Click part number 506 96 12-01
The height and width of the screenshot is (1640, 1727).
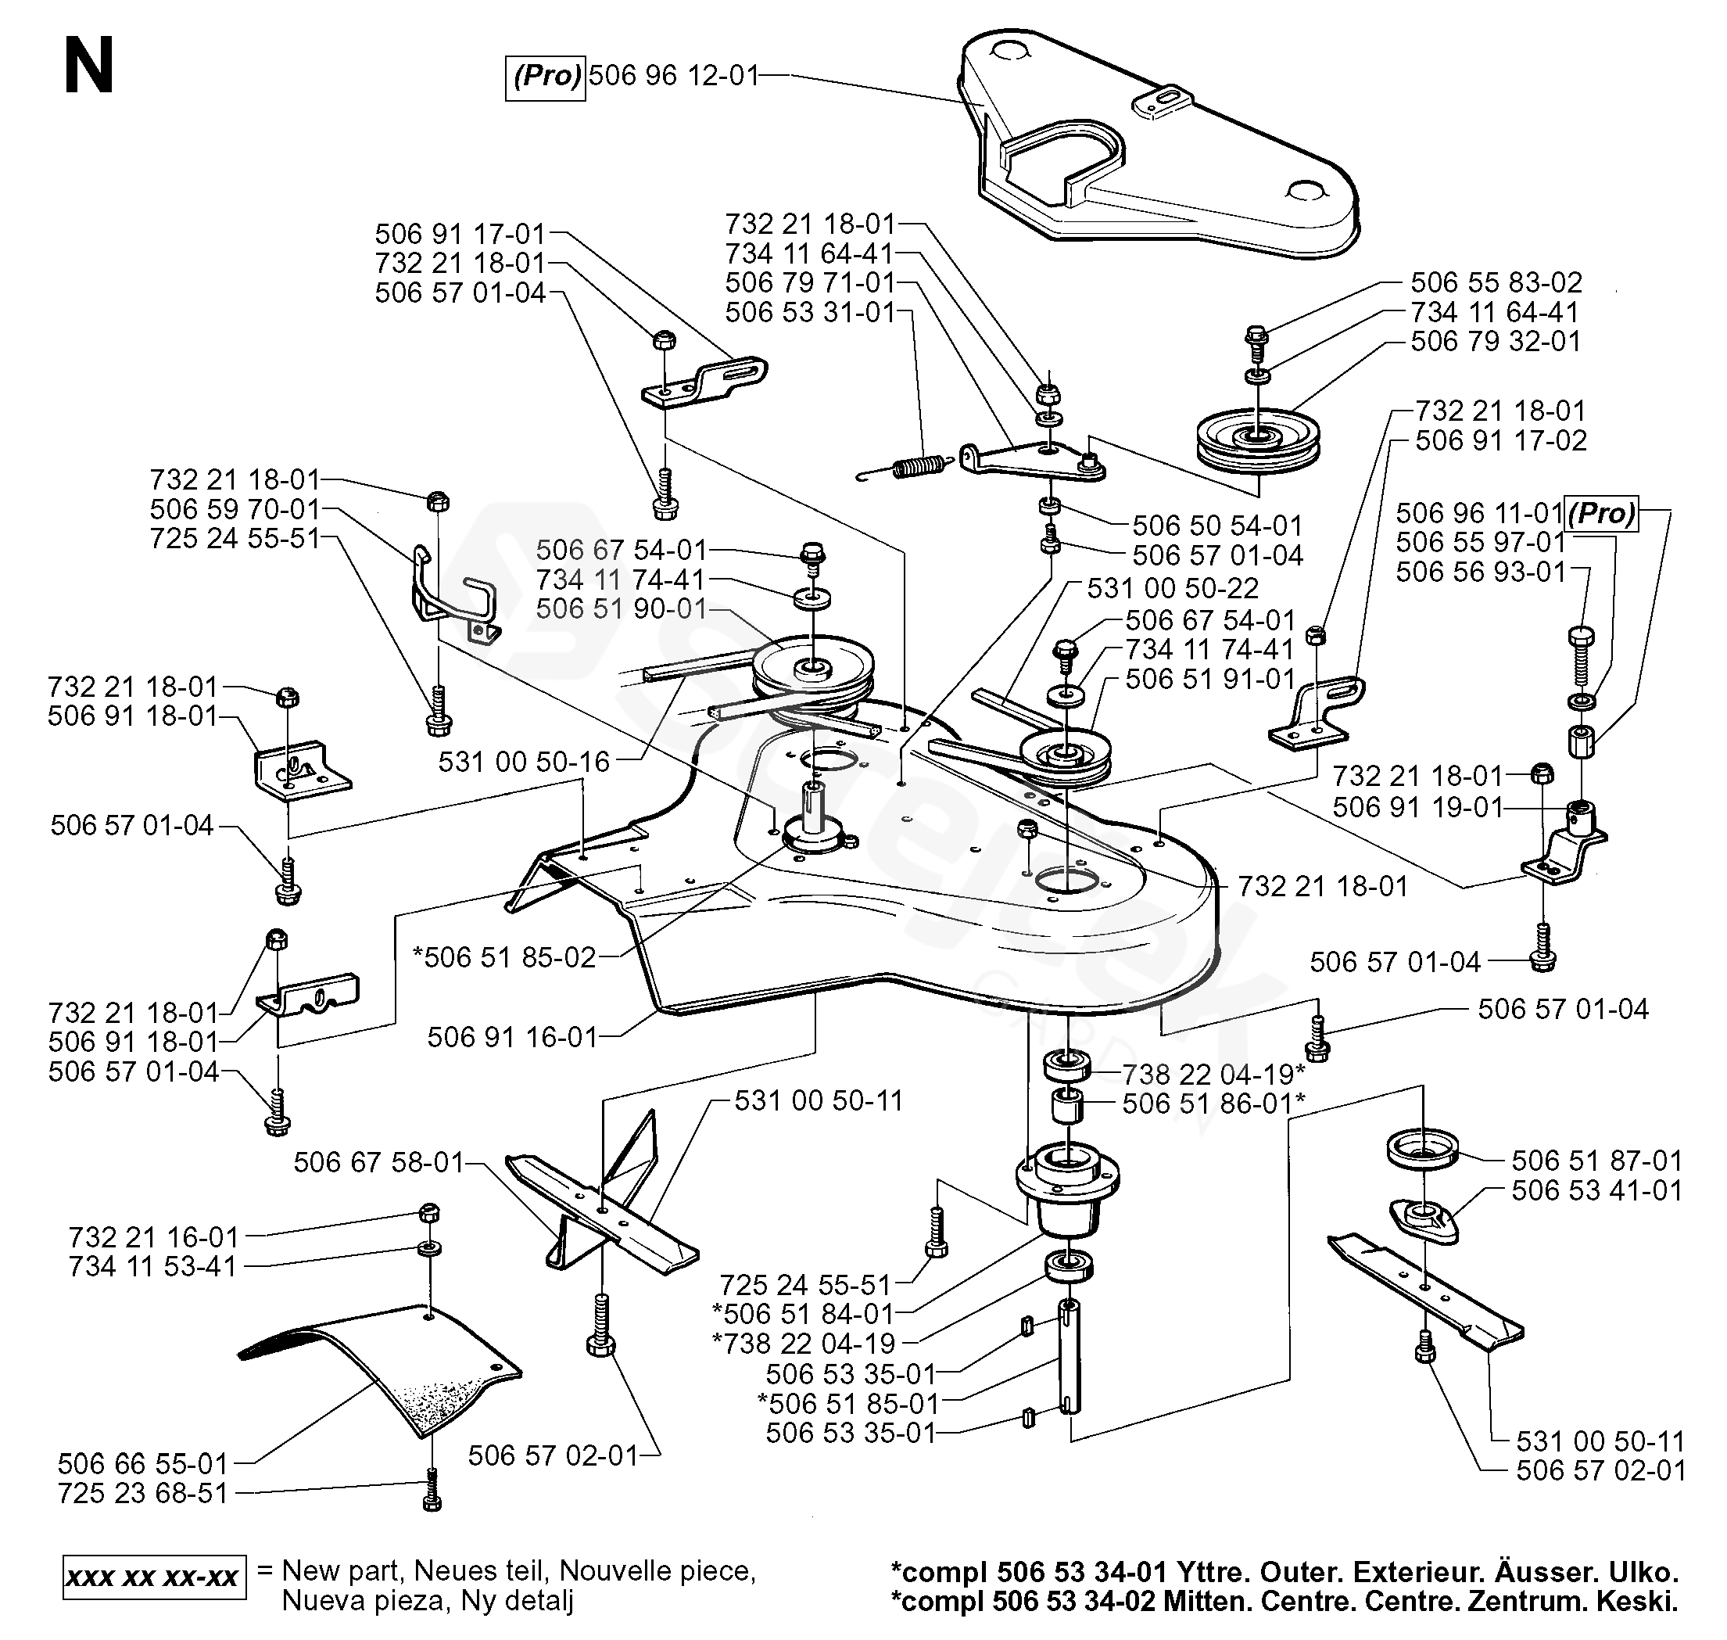[x=673, y=76]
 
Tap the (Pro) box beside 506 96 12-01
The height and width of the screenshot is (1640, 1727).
[x=546, y=77]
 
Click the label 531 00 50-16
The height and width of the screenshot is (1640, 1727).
[x=524, y=763]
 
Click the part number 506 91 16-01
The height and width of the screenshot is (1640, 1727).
[x=512, y=1038]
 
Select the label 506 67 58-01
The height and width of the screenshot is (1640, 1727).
[x=378, y=1162]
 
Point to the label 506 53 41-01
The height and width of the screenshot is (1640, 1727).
[x=1596, y=1190]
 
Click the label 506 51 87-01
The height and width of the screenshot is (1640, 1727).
[x=1596, y=1161]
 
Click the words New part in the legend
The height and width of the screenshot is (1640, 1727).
[x=342, y=1570]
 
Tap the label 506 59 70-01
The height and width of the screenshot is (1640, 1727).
[x=235, y=509]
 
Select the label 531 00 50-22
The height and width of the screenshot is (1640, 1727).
[x=1173, y=587]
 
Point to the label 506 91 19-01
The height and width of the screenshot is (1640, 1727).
[x=1417, y=807]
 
